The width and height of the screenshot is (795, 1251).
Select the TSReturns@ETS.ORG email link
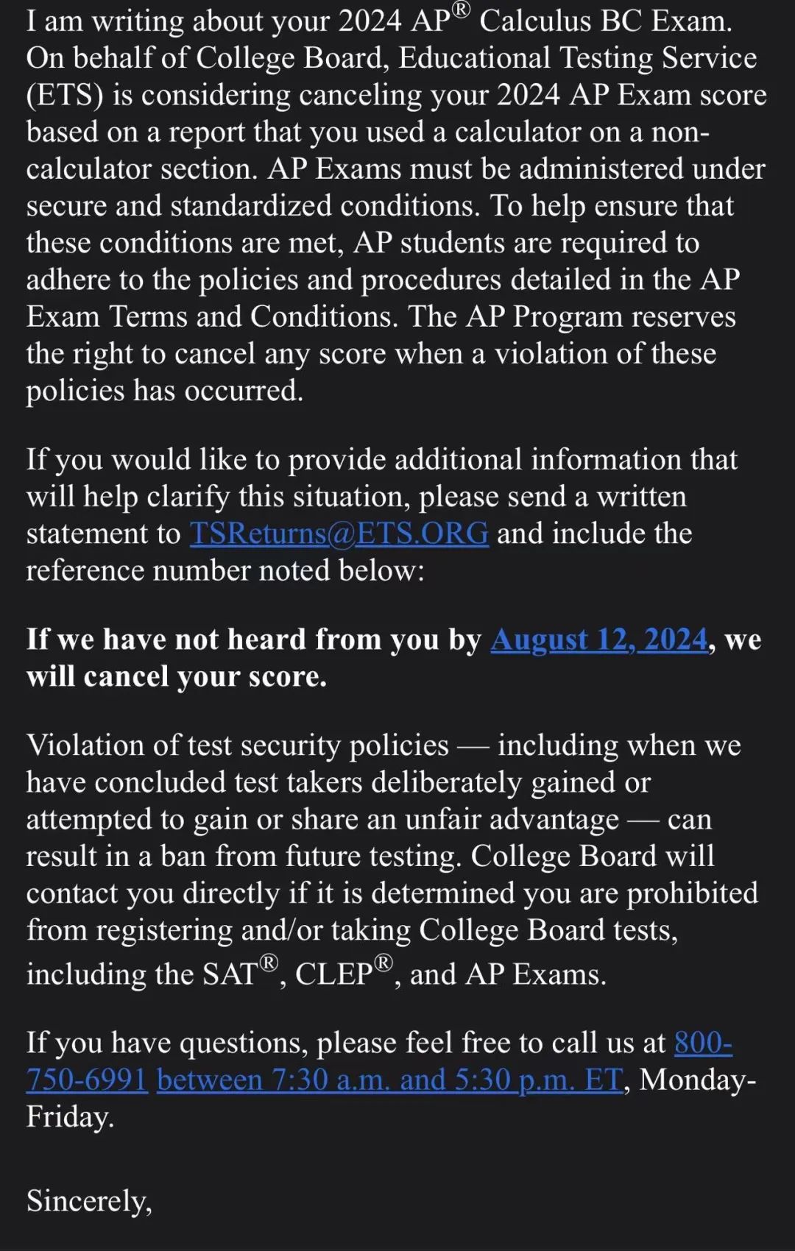coord(339,534)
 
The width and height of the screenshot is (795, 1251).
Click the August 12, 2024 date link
coord(599,639)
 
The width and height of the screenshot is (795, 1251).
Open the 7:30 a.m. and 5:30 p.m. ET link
coord(390,1080)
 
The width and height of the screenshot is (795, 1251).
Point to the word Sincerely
coord(89,1201)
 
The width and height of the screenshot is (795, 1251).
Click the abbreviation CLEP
coord(334,974)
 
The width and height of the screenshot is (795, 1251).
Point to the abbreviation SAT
coord(230,974)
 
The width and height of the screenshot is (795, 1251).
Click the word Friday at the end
coord(70,1117)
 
